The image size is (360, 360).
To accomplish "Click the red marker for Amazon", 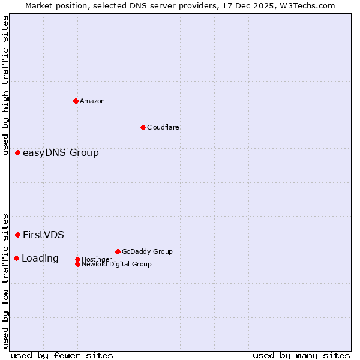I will pos(76,101).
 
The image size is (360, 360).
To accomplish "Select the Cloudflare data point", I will pos(143,127).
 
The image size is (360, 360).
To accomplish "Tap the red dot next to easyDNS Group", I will pos(18,153).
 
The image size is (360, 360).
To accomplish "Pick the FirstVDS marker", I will pos(18,235).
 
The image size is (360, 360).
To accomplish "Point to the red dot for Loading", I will pos(16,258).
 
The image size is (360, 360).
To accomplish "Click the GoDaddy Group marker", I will pos(118,251).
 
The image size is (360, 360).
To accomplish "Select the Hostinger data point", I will pos(77,259).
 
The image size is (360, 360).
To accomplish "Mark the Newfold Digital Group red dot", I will pos(77,264).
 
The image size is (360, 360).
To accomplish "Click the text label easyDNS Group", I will pos(61,153).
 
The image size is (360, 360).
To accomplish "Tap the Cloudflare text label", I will pos(163,127).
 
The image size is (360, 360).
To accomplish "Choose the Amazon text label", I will pos(92,101).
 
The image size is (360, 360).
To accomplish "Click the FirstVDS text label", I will pos(43,235).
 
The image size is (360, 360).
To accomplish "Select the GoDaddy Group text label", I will pos(147,251).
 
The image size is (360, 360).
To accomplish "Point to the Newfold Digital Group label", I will pos(116,264).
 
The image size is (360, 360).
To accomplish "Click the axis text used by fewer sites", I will pos(62,356).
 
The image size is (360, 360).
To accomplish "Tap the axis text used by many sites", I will pos(301,356).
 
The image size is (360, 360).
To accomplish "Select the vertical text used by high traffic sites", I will pos(6,81).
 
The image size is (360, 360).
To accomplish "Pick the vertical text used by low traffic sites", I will pos(6,280).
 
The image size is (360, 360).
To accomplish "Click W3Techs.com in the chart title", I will pos(308,5).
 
